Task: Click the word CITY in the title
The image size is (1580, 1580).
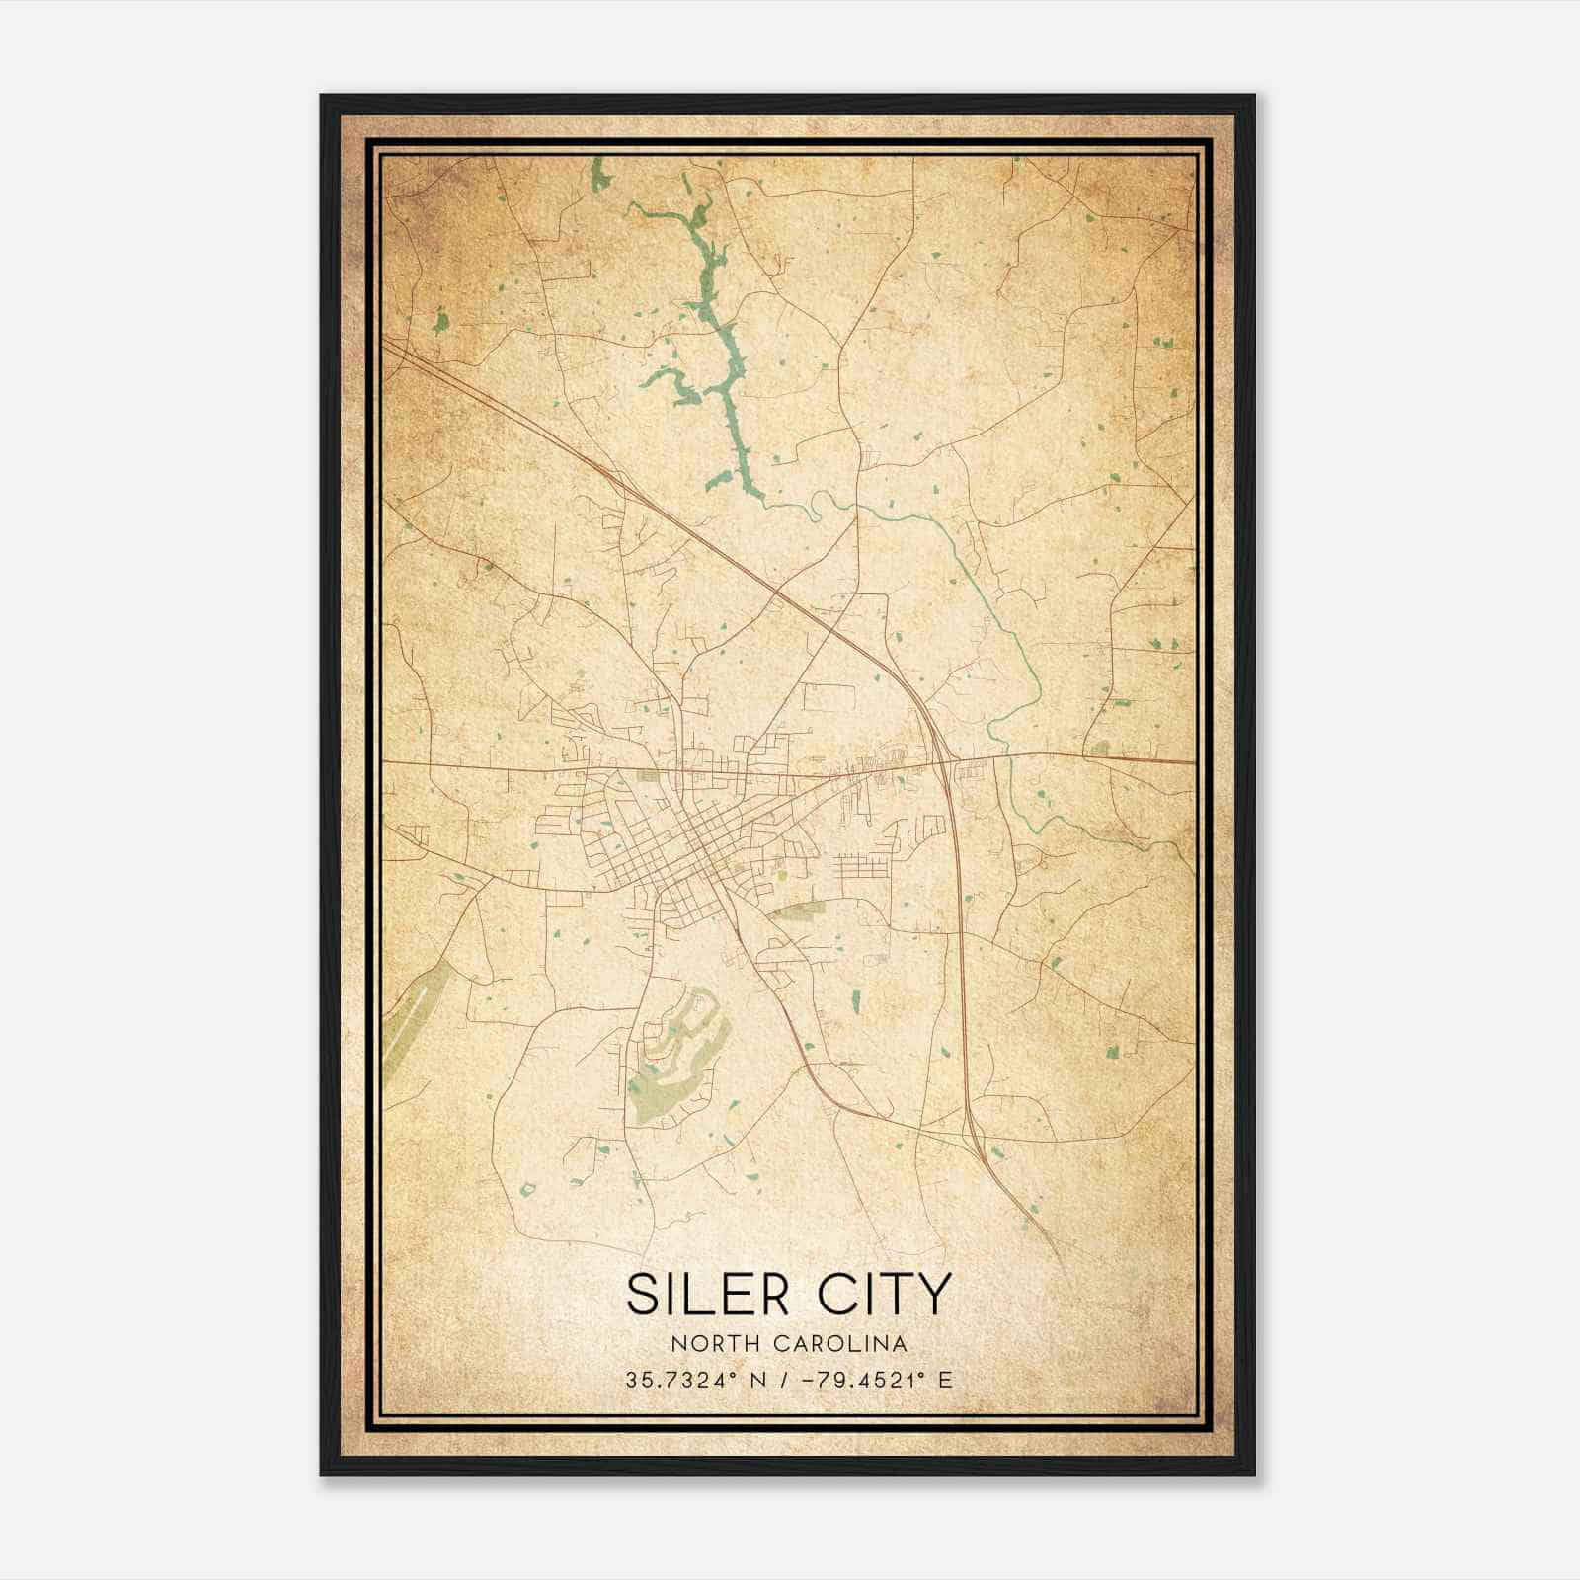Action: pos(883,1294)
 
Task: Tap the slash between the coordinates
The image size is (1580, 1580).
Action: pos(781,1381)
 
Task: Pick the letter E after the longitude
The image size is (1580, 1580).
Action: pos(945,1381)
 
